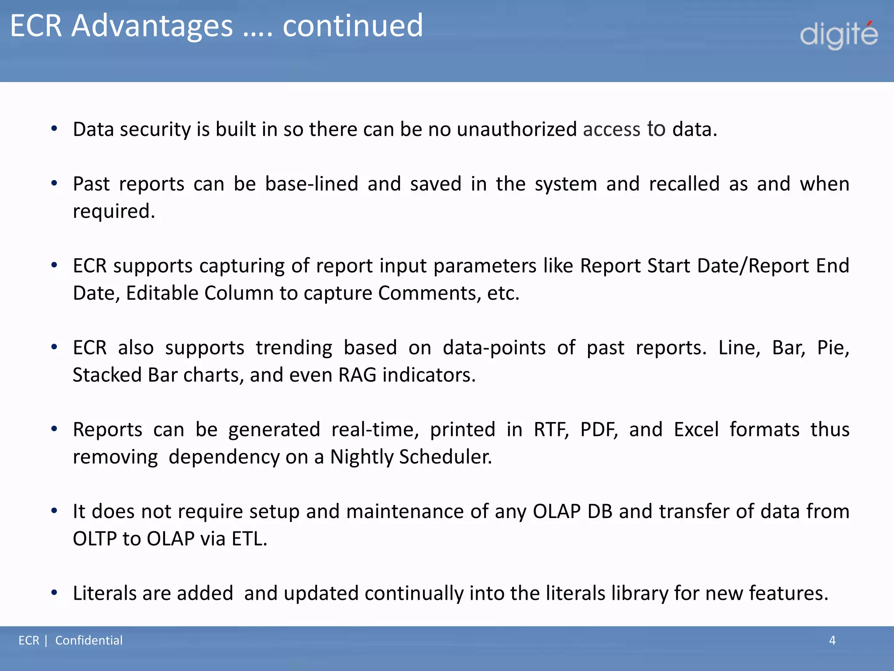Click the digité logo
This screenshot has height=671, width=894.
coord(839,35)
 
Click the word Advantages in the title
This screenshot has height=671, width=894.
coord(152,26)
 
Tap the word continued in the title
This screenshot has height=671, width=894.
coord(353,26)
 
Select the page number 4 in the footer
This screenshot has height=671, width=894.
coord(832,640)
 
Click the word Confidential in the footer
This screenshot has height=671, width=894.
coord(89,640)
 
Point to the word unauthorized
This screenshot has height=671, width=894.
coord(516,130)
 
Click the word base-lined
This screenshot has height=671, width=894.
coord(312,184)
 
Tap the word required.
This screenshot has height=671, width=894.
coord(113,211)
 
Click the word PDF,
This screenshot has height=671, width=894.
coord(599,430)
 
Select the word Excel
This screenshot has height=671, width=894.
coord(696,430)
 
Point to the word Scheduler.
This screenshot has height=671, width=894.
coord(445,457)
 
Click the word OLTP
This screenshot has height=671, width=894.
coord(94,539)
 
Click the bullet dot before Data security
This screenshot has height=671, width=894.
coord(54,129)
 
